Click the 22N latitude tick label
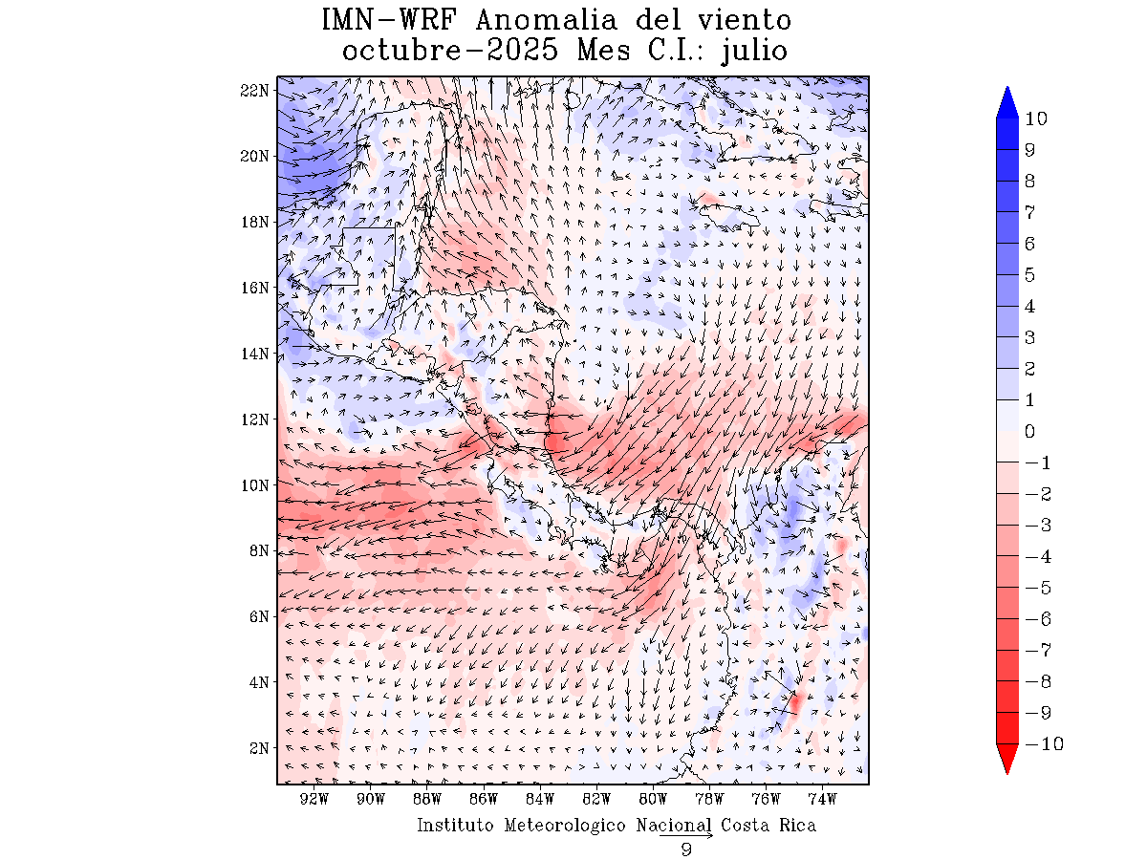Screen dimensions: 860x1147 [254, 90]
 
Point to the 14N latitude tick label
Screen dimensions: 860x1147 [254, 354]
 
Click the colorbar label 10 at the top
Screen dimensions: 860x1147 [1035, 118]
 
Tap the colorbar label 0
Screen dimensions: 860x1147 [1030, 431]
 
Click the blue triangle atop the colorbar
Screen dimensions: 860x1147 [1006, 103]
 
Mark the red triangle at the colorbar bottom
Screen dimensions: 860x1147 [1006, 759]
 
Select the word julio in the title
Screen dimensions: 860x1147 [756, 50]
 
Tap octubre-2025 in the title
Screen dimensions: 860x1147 [449, 50]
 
